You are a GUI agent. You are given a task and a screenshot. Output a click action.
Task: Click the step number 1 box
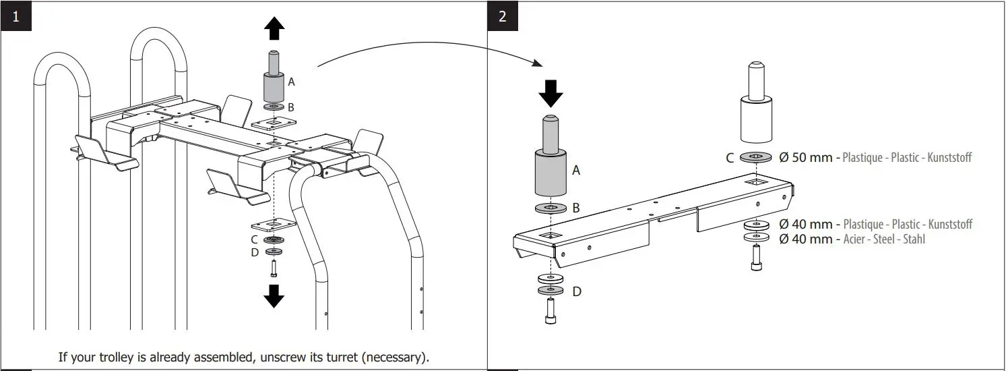click(x=15, y=16)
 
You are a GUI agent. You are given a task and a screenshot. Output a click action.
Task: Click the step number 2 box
click(x=503, y=16)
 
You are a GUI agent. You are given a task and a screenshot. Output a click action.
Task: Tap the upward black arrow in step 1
click(x=274, y=30)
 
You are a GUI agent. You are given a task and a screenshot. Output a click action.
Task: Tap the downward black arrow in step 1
click(x=274, y=295)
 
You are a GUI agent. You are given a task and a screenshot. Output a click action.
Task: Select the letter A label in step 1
click(x=291, y=82)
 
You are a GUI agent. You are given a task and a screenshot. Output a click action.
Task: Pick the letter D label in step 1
click(x=254, y=252)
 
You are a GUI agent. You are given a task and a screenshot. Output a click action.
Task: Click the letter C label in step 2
click(x=730, y=158)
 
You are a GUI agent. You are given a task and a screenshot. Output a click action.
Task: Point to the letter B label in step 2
click(x=576, y=208)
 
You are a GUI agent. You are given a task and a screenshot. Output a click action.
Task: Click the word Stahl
click(x=912, y=239)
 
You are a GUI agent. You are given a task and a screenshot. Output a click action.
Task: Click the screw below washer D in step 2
click(x=551, y=312)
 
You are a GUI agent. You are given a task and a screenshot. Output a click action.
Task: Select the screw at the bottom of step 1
click(x=274, y=268)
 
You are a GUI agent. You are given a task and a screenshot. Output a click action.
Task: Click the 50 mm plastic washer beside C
click(x=758, y=158)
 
